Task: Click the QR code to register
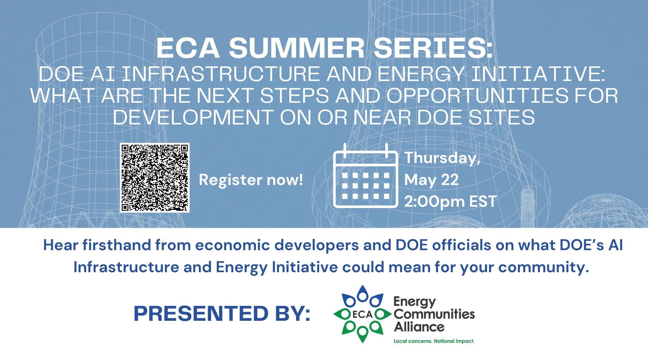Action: coord(155,178)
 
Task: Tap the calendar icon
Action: coord(365,175)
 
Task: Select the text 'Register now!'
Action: coord(251,180)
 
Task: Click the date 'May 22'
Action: coord(432,180)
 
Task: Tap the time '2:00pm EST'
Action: coord(451,202)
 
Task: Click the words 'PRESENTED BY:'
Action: coord(222,313)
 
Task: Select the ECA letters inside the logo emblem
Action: coord(363,314)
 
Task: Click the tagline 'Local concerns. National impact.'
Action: coord(434,341)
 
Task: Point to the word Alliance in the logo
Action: coord(419,327)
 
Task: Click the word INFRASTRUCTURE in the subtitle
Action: coord(221,74)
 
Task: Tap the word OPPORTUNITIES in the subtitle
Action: coord(478,96)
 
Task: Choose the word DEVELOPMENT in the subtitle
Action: coord(193,117)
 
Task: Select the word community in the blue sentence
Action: coord(543,268)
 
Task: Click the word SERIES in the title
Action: coord(433,48)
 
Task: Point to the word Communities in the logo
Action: coord(434,314)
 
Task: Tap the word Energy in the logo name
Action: coord(415,302)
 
